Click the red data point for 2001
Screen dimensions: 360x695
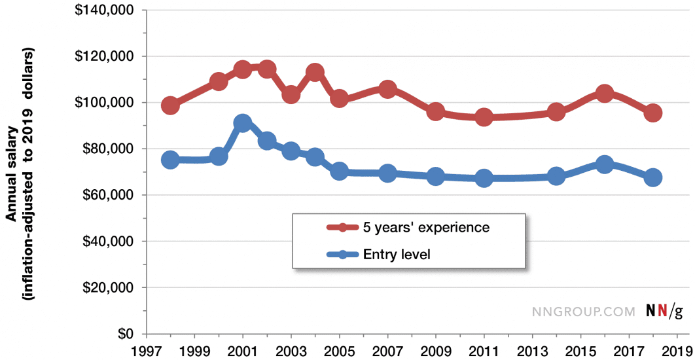coord(243,69)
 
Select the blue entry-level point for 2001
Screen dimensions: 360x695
coord(243,123)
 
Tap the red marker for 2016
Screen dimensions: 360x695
coord(605,94)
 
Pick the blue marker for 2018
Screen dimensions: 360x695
coord(653,177)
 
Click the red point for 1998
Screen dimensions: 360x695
coord(170,105)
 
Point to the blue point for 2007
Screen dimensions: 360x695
coord(387,173)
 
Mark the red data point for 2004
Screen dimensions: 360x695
coord(315,72)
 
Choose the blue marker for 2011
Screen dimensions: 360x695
coord(484,178)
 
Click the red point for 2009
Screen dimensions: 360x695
coord(436,111)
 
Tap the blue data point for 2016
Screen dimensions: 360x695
coord(605,164)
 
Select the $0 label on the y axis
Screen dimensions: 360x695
coord(124,334)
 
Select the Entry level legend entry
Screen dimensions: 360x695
coord(396,254)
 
